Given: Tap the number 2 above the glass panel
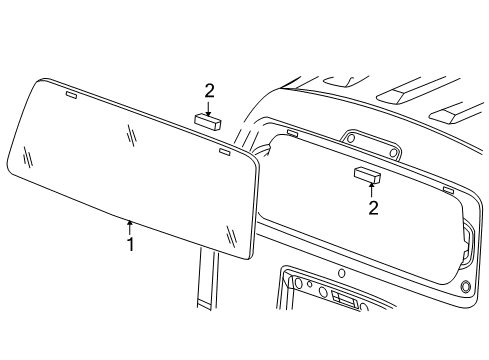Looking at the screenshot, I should (209, 90).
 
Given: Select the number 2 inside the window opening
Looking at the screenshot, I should (373, 208).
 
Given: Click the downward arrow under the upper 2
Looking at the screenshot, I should (209, 106).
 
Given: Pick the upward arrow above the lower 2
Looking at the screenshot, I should (372, 190).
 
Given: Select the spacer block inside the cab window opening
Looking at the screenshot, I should (367, 175).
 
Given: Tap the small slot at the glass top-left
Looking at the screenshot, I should (71, 96).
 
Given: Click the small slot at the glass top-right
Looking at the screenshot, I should (223, 154).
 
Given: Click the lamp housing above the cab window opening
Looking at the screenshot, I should (369, 144).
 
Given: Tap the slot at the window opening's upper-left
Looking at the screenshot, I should (291, 131).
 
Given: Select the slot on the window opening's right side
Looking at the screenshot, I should (447, 189).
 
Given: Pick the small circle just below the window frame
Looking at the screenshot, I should (341, 273).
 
